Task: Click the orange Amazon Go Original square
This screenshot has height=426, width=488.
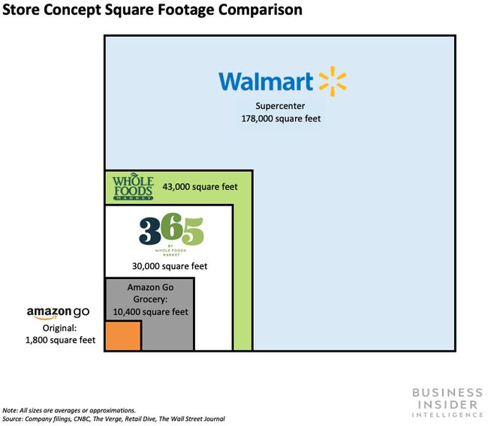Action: tap(123, 335)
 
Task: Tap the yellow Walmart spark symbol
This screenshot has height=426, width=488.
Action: tap(333, 81)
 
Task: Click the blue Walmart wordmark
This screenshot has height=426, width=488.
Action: tap(266, 82)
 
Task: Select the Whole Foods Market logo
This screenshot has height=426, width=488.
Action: tap(133, 186)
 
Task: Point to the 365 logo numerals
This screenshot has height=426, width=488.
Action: tap(171, 229)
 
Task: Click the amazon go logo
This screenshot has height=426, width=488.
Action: tap(59, 313)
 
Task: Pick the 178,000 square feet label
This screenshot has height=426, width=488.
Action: tap(281, 118)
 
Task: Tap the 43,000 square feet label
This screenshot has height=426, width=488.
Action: tap(200, 187)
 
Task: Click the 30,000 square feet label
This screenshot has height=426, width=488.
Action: tap(170, 266)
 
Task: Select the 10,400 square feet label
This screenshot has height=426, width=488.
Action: tap(150, 312)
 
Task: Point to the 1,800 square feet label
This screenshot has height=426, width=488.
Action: tap(60, 340)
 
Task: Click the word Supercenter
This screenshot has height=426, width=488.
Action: tap(280, 106)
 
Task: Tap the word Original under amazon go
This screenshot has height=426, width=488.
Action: tap(59, 328)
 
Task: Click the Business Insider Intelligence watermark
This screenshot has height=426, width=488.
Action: tap(447, 403)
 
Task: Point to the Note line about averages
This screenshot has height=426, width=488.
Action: tap(69, 410)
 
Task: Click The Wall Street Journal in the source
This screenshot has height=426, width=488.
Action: tap(191, 418)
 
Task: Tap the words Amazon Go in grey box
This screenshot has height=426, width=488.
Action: tap(150, 287)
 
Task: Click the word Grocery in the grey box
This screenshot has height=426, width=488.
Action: tap(149, 299)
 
